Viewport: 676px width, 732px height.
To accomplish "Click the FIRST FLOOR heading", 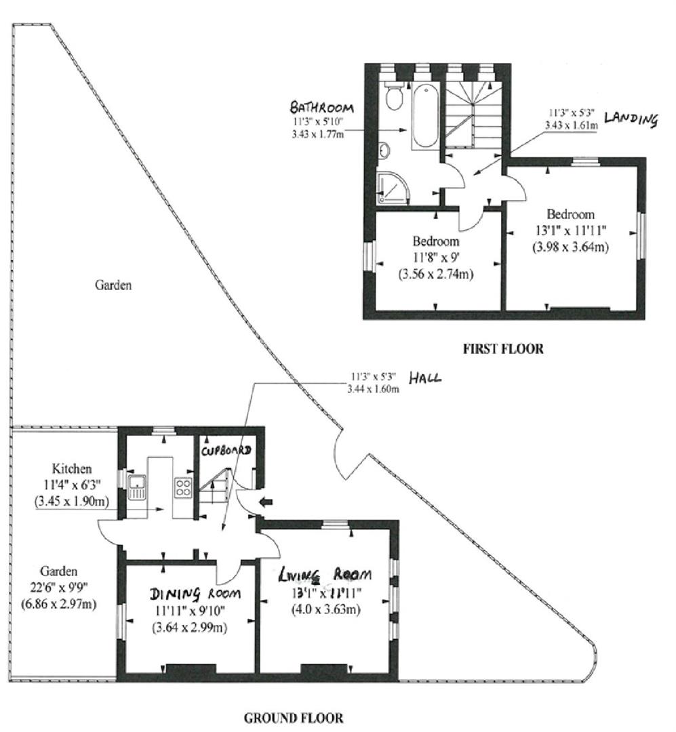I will tap(502, 350).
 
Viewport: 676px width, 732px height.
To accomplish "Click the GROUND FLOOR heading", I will tap(293, 717).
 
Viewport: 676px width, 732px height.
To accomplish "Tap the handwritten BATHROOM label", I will tap(322, 108).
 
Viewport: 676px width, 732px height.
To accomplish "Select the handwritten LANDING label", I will tap(631, 120).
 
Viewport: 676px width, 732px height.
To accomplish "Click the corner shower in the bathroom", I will tap(393, 188).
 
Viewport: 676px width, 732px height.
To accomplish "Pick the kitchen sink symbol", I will tap(137, 487).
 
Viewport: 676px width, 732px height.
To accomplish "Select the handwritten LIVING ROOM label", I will tap(326, 575).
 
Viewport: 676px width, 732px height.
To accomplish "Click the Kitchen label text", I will tap(71, 469).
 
